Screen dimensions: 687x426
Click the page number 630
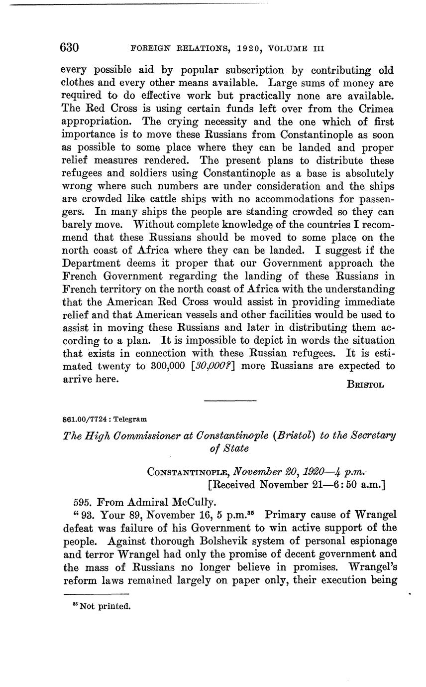coord(69,48)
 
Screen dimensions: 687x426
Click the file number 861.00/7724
coord(83,419)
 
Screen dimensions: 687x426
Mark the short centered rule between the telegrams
coord(230,401)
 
